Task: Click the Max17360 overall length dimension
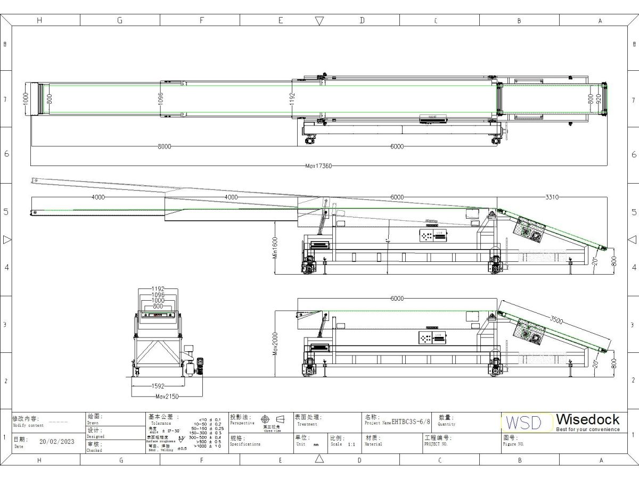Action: [x=319, y=166]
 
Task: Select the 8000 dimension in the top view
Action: [x=164, y=147]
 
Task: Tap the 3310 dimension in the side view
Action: [x=552, y=197]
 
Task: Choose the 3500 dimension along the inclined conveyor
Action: [x=556, y=320]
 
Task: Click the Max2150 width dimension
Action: [x=166, y=397]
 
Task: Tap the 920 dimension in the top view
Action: [x=599, y=98]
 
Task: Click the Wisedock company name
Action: [x=588, y=419]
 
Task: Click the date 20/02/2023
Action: [x=57, y=441]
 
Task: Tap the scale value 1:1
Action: [x=351, y=444]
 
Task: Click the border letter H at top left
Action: [x=39, y=21]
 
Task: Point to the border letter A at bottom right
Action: [x=600, y=460]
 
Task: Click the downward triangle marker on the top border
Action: [x=319, y=21]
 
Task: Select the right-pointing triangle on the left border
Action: [x=7, y=240]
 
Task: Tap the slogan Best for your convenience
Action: [x=588, y=430]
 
